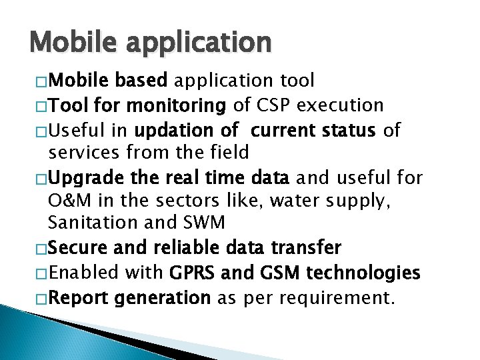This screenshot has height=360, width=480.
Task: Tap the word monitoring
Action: click(x=176, y=105)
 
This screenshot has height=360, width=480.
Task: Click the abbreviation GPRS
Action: click(x=194, y=273)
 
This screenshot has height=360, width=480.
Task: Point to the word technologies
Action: click(x=363, y=273)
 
